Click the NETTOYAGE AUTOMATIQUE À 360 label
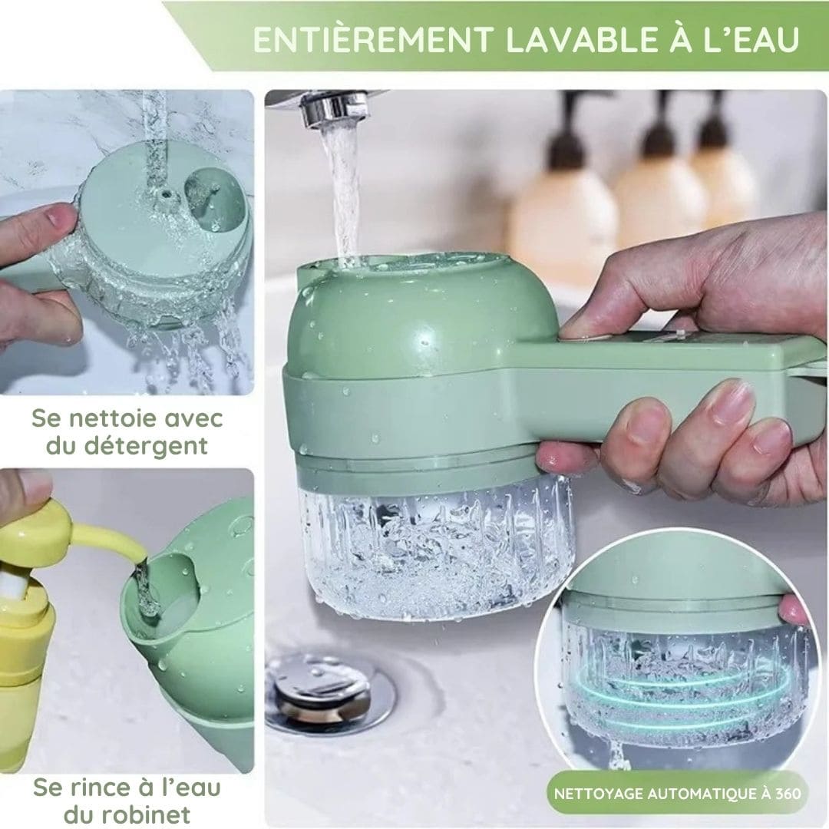click(678, 792)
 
